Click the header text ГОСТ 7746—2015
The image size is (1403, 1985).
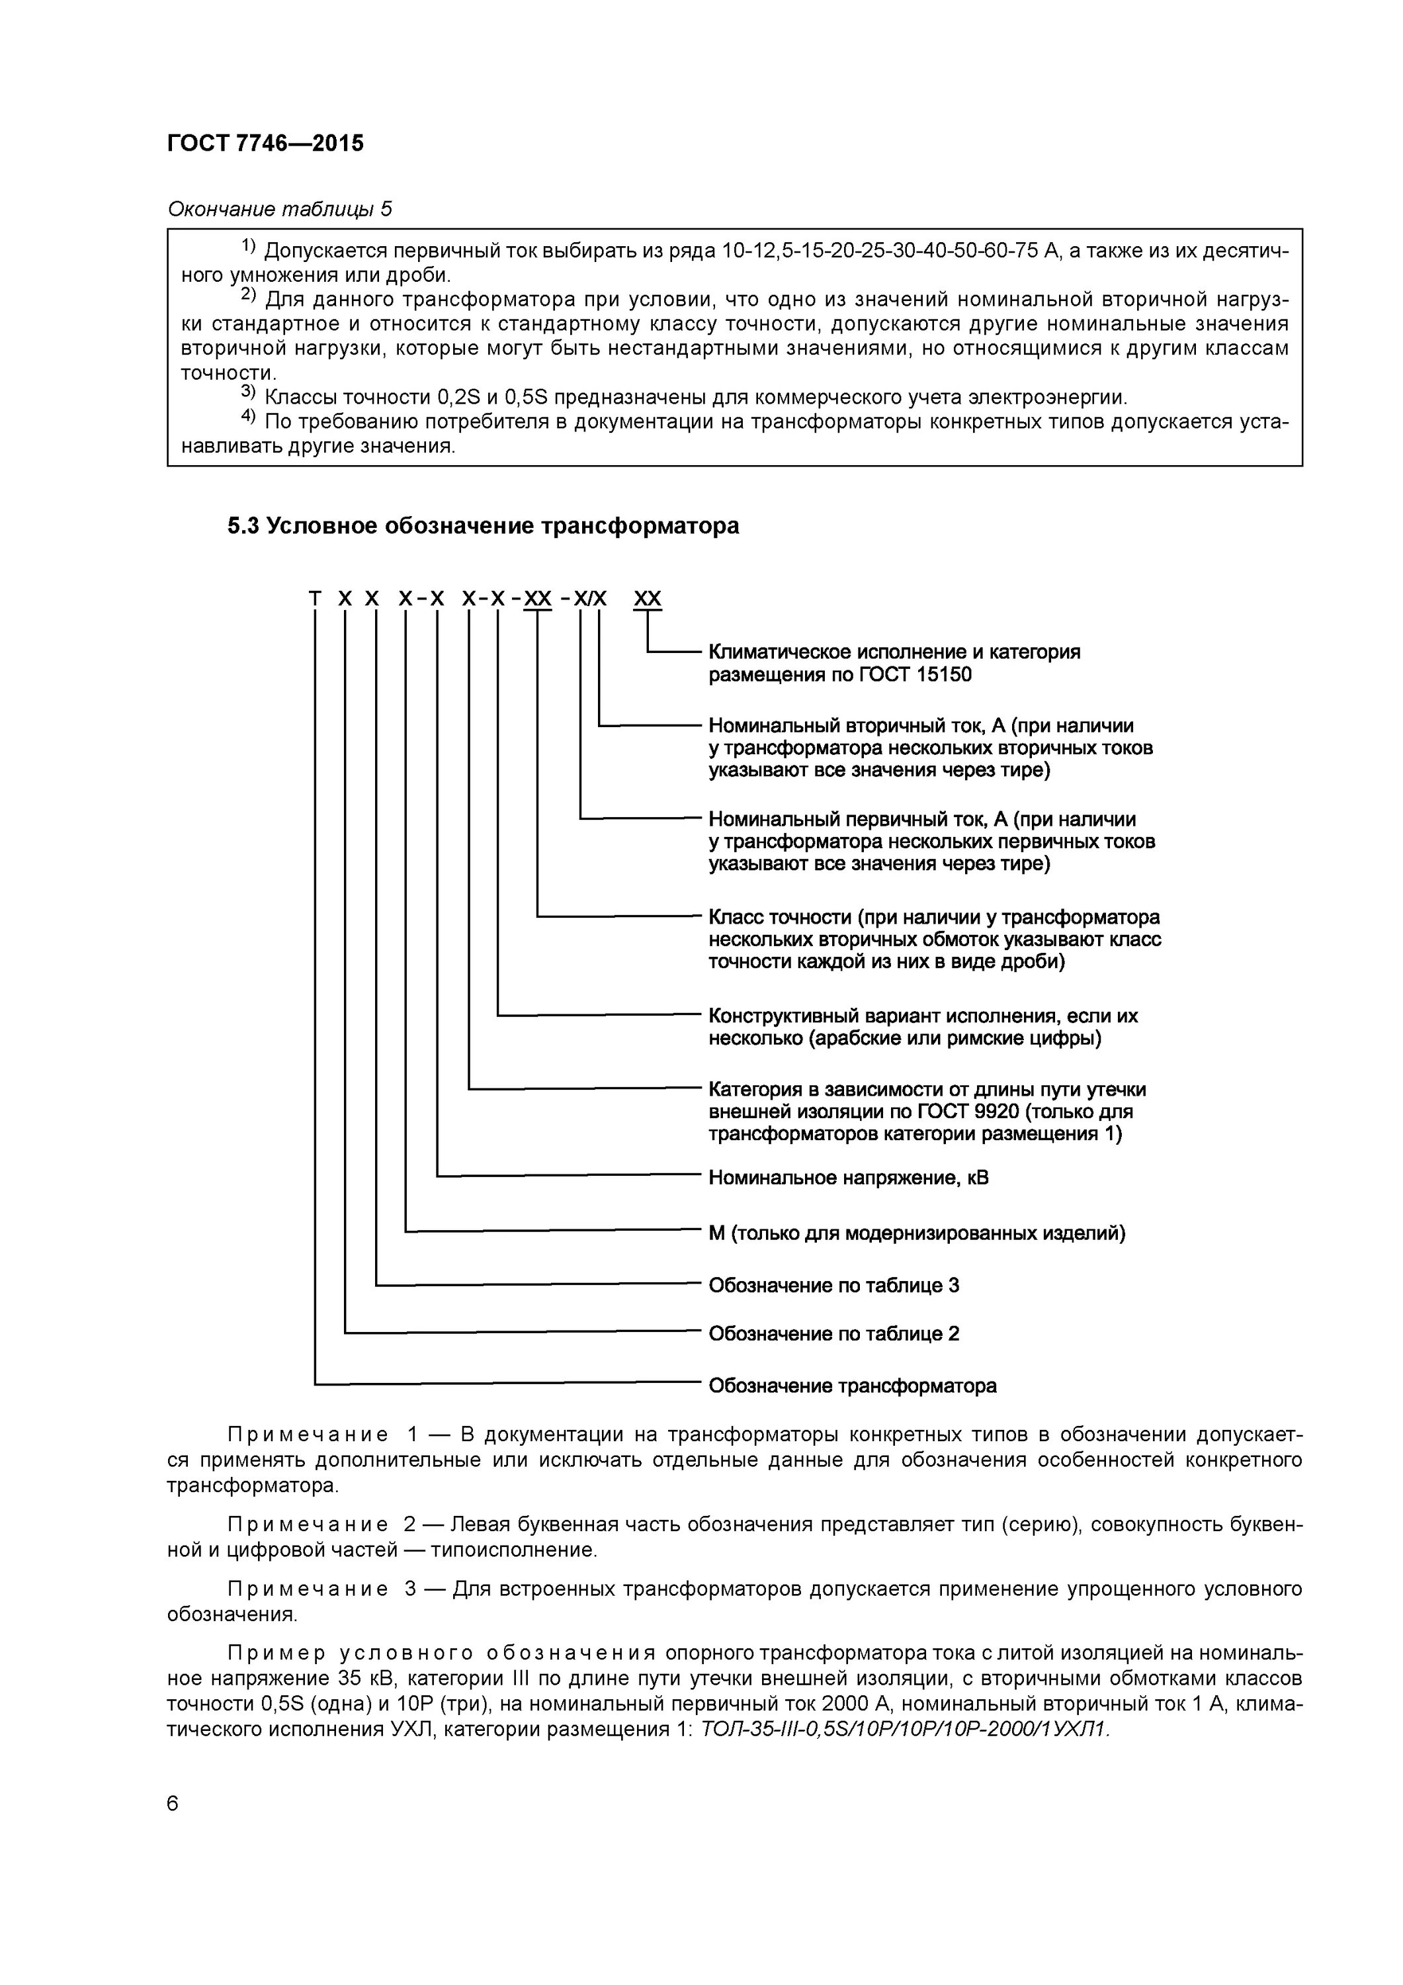coord(265,144)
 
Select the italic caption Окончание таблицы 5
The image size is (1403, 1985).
coord(278,209)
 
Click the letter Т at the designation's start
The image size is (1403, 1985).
coord(315,599)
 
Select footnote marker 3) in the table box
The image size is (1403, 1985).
coord(248,394)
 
